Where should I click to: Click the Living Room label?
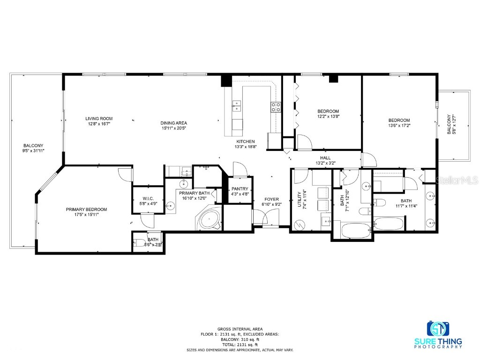coord(98,119)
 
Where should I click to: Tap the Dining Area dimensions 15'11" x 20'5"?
coord(174,128)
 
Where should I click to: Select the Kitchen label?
coord(245,142)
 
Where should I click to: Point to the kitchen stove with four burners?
coord(276,107)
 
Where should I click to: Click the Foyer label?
coord(271,199)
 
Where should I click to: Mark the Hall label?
coord(325,158)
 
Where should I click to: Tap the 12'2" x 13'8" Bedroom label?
coord(328,111)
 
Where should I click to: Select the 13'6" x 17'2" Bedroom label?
coord(398,120)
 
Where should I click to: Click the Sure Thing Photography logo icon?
coord(438,329)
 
